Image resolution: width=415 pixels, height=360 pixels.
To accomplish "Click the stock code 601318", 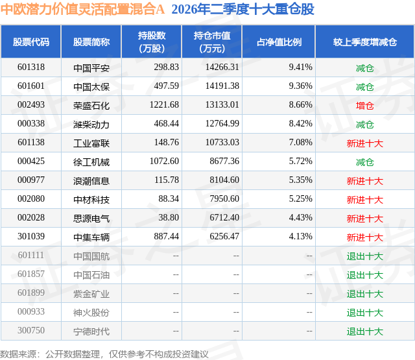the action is click(x=31, y=67).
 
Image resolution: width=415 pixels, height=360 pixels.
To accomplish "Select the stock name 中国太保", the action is click(x=91, y=86).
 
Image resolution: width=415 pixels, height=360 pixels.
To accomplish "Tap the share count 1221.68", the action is click(x=164, y=105).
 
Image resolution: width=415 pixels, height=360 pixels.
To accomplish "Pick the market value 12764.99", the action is click(x=222, y=124).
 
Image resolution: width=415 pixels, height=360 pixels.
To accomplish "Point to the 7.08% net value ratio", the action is click(x=300, y=143).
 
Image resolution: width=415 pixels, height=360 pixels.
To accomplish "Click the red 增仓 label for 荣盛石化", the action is click(x=364, y=105).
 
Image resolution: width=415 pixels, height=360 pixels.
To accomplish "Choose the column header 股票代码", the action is click(x=31, y=42).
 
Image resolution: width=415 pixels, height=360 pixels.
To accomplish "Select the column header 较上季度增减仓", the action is click(x=364, y=42).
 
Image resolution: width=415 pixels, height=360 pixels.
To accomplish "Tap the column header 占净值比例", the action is click(x=279, y=42).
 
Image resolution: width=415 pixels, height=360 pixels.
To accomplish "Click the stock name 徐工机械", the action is click(x=91, y=162).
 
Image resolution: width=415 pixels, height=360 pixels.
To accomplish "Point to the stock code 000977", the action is click(x=31, y=180).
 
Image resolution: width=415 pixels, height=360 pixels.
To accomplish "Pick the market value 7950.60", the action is click(x=224, y=198).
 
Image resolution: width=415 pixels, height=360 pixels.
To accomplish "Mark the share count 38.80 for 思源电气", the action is click(x=169, y=217).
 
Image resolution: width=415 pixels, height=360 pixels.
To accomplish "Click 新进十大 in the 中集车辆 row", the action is click(x=364, y=237).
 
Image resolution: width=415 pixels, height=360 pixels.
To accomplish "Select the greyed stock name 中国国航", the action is click(x=91, y=256).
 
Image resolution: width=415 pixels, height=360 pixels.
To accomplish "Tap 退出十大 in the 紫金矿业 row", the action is click(x=364, y=293).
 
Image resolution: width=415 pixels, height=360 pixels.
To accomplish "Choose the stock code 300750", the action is click(x=31, y=330).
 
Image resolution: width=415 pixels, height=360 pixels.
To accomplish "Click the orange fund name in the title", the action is click(x=82, y=9).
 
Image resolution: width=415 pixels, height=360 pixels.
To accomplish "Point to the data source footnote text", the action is click(x=104, y=354).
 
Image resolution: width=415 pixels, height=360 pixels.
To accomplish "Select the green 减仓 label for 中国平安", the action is click(x=364, y=67).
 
